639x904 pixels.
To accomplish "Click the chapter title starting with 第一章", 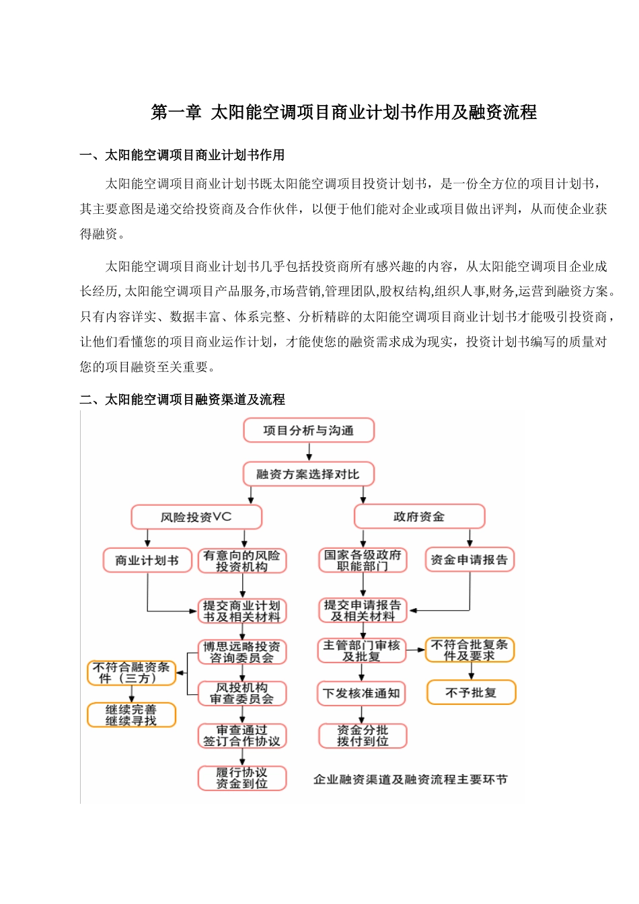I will [344, 112].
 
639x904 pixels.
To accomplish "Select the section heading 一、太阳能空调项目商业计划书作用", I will [182, 155].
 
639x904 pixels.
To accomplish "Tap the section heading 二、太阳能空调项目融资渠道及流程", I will [182, 400].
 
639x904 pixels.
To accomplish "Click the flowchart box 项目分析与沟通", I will [309, 430].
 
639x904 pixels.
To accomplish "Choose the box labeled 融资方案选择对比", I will [308, 474].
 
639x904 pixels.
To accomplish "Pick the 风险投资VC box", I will [196, 517].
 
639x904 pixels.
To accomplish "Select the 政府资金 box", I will [419, 517].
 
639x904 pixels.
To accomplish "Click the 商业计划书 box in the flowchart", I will [147, 560].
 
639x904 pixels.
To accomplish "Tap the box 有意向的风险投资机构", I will [242, 561].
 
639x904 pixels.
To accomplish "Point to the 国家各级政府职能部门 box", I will [363, 560].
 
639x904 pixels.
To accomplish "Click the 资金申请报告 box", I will [469, 560].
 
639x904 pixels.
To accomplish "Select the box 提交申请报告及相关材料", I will [363, 610].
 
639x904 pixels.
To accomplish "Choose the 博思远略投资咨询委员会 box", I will [242, 652].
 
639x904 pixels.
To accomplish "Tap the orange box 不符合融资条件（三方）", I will [132, 673].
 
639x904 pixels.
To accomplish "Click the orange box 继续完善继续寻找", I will [131, 715].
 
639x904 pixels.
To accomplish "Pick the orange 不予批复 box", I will [471, 692].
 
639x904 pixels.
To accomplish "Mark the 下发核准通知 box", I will [362, 693].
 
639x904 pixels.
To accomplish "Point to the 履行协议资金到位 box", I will [242, 778].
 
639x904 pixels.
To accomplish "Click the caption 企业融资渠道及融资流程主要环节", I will [410, 780].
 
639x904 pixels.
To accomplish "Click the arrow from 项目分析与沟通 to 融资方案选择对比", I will [309, 452].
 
